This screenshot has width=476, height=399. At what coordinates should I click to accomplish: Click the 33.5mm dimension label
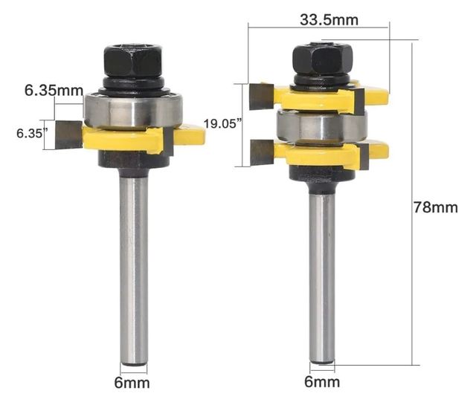click(x=329, y=20)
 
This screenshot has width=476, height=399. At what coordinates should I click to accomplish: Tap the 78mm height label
click(x=435, y=208)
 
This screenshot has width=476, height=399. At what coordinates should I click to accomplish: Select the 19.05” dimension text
click(x=223, y=123)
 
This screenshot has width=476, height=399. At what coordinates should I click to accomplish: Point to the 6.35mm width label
click(x=54, y=91)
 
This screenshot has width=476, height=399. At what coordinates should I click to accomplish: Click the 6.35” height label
click(x=32, y=134)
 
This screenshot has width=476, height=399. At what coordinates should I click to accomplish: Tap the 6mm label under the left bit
click(x=132, y=383)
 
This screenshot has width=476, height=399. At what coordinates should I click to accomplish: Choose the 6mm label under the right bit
click(x=322, y=382)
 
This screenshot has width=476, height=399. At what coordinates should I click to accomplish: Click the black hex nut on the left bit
click(x=132, y=61)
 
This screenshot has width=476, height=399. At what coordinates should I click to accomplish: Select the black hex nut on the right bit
click(x=322, y=59)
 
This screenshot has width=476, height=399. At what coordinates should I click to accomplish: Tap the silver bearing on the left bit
click(x=133, y=110)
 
